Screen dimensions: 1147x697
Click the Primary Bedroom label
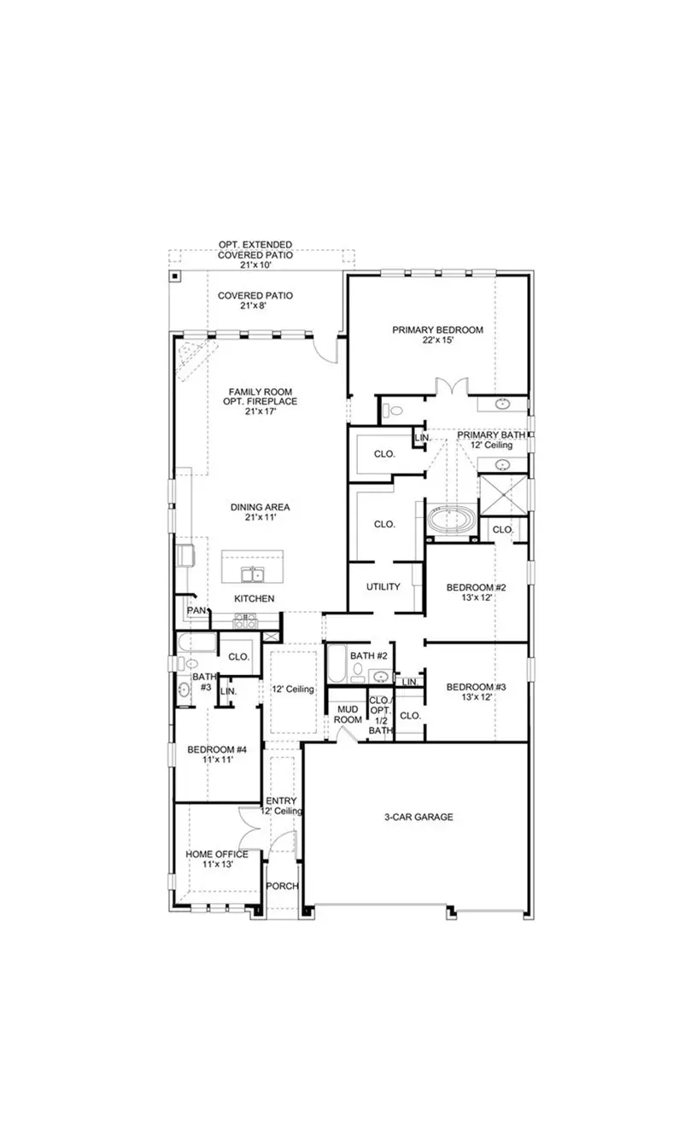coord(437,329)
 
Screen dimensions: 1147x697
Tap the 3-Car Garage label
coord(418,817)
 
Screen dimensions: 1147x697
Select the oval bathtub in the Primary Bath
coord(452,519)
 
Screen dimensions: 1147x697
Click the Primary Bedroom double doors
coord(449,387)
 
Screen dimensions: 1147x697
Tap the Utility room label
coord(384,587)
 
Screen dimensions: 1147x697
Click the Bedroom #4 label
coord(217,750)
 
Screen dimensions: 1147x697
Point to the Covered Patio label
coord(255,295)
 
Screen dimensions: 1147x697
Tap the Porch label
coord(282,886)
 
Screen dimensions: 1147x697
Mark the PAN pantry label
coord(196,610)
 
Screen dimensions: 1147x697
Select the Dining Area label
coord(255,507)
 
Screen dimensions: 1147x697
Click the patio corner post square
coord(174,276)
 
